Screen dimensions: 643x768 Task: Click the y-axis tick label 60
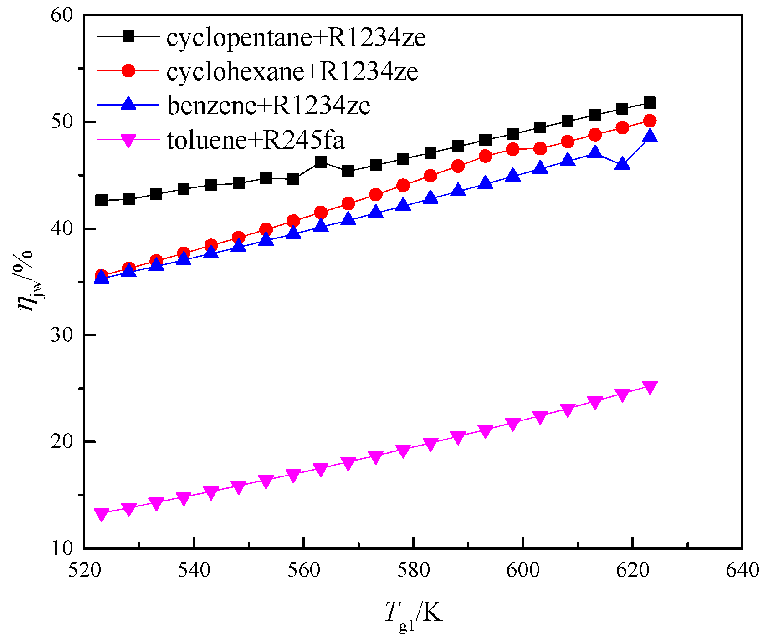coord(62,15)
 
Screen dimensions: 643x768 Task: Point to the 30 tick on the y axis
coord(62,335)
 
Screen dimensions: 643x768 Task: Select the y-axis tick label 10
coord(62,548)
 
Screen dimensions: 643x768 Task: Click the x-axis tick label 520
coord(84,570)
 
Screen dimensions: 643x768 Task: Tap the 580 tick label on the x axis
coord(413,570)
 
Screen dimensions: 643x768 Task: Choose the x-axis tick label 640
coord(742,570)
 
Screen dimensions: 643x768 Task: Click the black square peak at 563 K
coord(321,162)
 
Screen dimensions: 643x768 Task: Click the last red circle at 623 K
coord(650,121)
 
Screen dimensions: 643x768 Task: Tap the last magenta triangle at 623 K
coord(650,387)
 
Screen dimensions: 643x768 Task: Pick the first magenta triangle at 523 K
coord(101,515)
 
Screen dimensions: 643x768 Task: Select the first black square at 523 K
coord(101,200)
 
